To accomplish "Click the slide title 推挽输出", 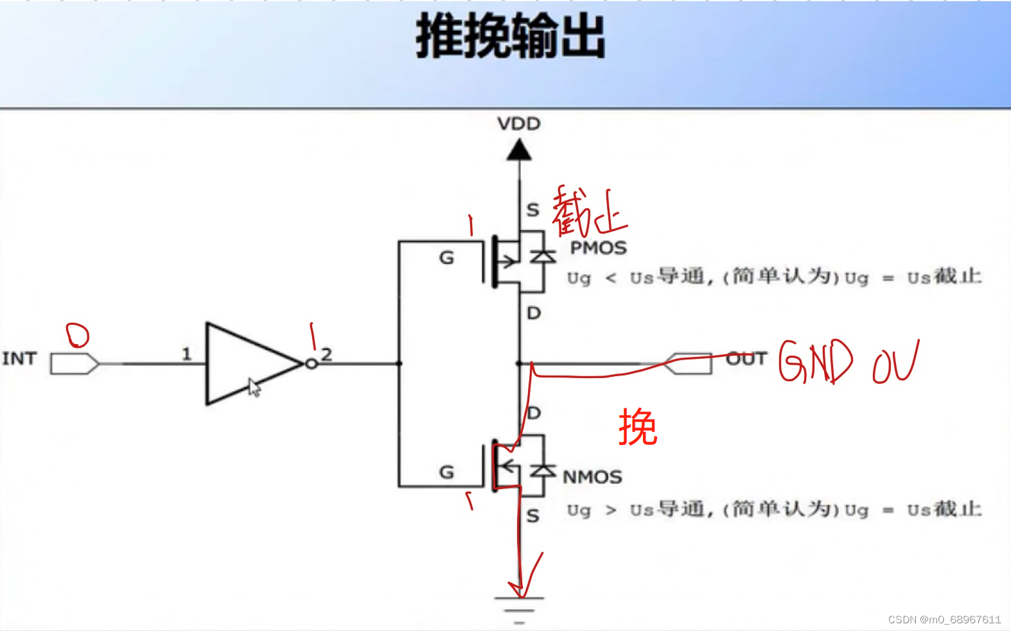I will [511, 37].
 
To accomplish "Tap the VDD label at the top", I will [519, 123].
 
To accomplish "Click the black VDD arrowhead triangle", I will [519, 151].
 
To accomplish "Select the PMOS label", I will [598, 248].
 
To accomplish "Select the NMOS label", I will [592, 477].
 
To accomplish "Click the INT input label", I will [19, 358].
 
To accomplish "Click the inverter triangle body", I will [244, 364].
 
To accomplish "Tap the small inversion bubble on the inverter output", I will [312, 364].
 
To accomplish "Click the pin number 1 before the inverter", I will [186, 354].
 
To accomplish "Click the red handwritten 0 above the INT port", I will [78, 334].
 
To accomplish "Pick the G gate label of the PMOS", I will [446, 258].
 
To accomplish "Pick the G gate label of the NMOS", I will [446, 472].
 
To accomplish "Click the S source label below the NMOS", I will [532, 515].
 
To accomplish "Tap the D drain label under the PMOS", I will [534, 313].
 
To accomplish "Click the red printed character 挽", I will [638, 428].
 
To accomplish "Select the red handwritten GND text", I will [815, 361].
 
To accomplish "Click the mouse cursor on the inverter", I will [254, 387].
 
